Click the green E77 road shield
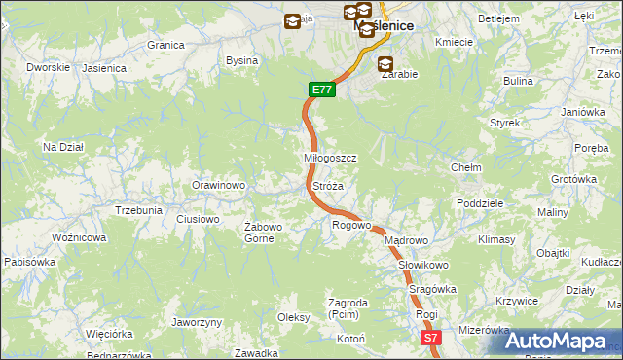point(323,90)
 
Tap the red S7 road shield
point(432,338)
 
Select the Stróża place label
point(328,185)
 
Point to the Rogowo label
point(351,225)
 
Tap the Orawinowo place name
point(217,185)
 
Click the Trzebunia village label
point(138,210)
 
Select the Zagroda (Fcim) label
point(348,308)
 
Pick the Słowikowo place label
point(422,265)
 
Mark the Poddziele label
point(479,203)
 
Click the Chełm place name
point(466,167)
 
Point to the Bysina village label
point(241,60)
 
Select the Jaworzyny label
point(197,322)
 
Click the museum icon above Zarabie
point(386,63)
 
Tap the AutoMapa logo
point(556,341)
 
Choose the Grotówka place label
point(573,179)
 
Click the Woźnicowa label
point(79,237)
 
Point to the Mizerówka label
point(484,330)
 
